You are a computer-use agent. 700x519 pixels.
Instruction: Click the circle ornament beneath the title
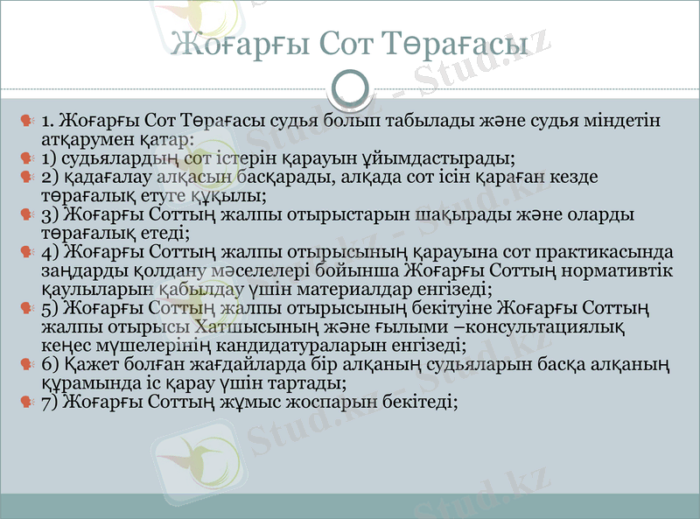(x=350, y=88)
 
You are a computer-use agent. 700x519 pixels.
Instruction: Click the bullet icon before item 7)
(x=27, y=402)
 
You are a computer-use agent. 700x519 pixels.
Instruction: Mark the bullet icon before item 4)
(x=27, y=252)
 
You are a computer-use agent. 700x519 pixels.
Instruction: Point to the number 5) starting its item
(x=49, y=308)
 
